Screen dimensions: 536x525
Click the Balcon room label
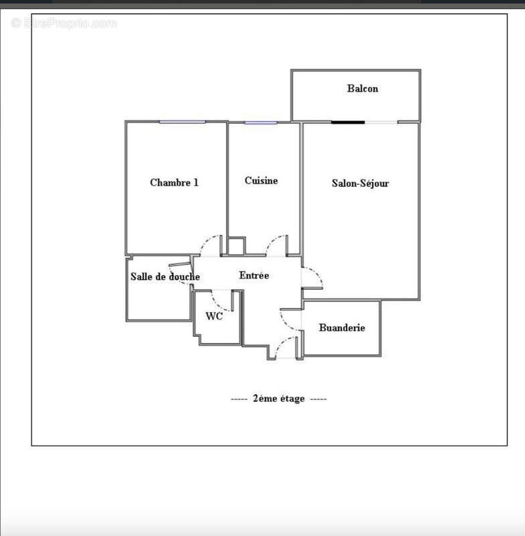[362, 88]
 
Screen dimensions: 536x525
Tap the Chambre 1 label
[174, 182]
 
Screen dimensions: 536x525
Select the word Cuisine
[261, 180]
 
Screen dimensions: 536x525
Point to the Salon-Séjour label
[360, 183]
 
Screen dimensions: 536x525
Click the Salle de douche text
[165, 277]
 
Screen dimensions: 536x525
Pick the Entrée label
[254, 275]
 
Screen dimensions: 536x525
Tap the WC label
[214, 316]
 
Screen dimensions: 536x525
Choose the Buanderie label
[342, 328]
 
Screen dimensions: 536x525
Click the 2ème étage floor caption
[278, 399]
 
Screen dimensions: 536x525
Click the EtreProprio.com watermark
[64, 23]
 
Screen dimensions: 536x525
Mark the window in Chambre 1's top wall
[182, 122]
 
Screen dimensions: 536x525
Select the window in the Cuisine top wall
[259, 123]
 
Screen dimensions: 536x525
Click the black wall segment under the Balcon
[348, 122]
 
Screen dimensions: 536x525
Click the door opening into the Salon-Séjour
[312, 278]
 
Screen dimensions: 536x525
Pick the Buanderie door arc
[290, 319]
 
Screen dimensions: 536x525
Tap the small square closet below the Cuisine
[235, 247]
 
